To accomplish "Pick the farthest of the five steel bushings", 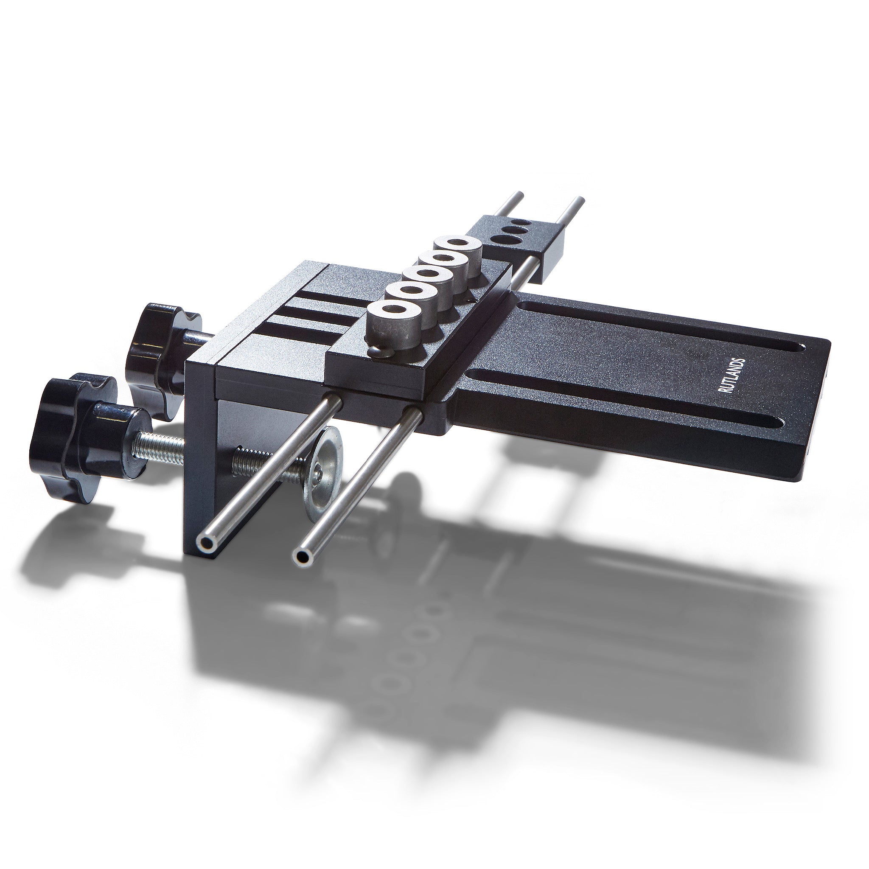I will (x=458, y=250).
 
